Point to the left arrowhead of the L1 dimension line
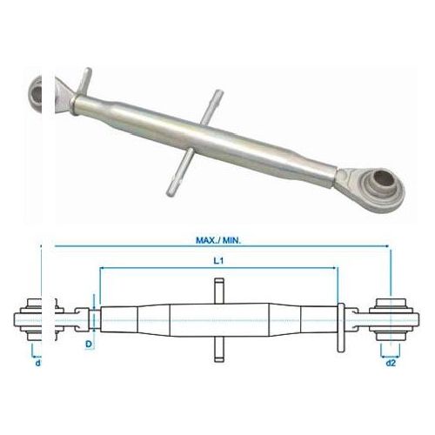pyautogui.click(x=103, y=270)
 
